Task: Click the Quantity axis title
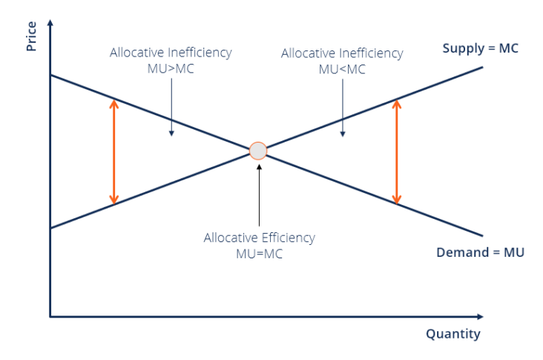(452, 334)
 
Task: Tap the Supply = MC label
(480, 49)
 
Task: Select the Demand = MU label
(480, 252)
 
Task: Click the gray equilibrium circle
(257, 151)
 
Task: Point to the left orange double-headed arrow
(113, 151)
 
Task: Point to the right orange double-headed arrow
(396, 151)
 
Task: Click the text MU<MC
(342, 69)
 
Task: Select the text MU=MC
(259, 254)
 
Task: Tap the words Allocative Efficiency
(259, 238)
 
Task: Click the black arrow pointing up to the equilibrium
(259, 193)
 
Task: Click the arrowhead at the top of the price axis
(50, 23)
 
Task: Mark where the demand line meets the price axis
(50, 76)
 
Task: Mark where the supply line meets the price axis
(50, 228)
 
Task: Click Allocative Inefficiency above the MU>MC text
(171, 53)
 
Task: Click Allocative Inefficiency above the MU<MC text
(342, 53)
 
